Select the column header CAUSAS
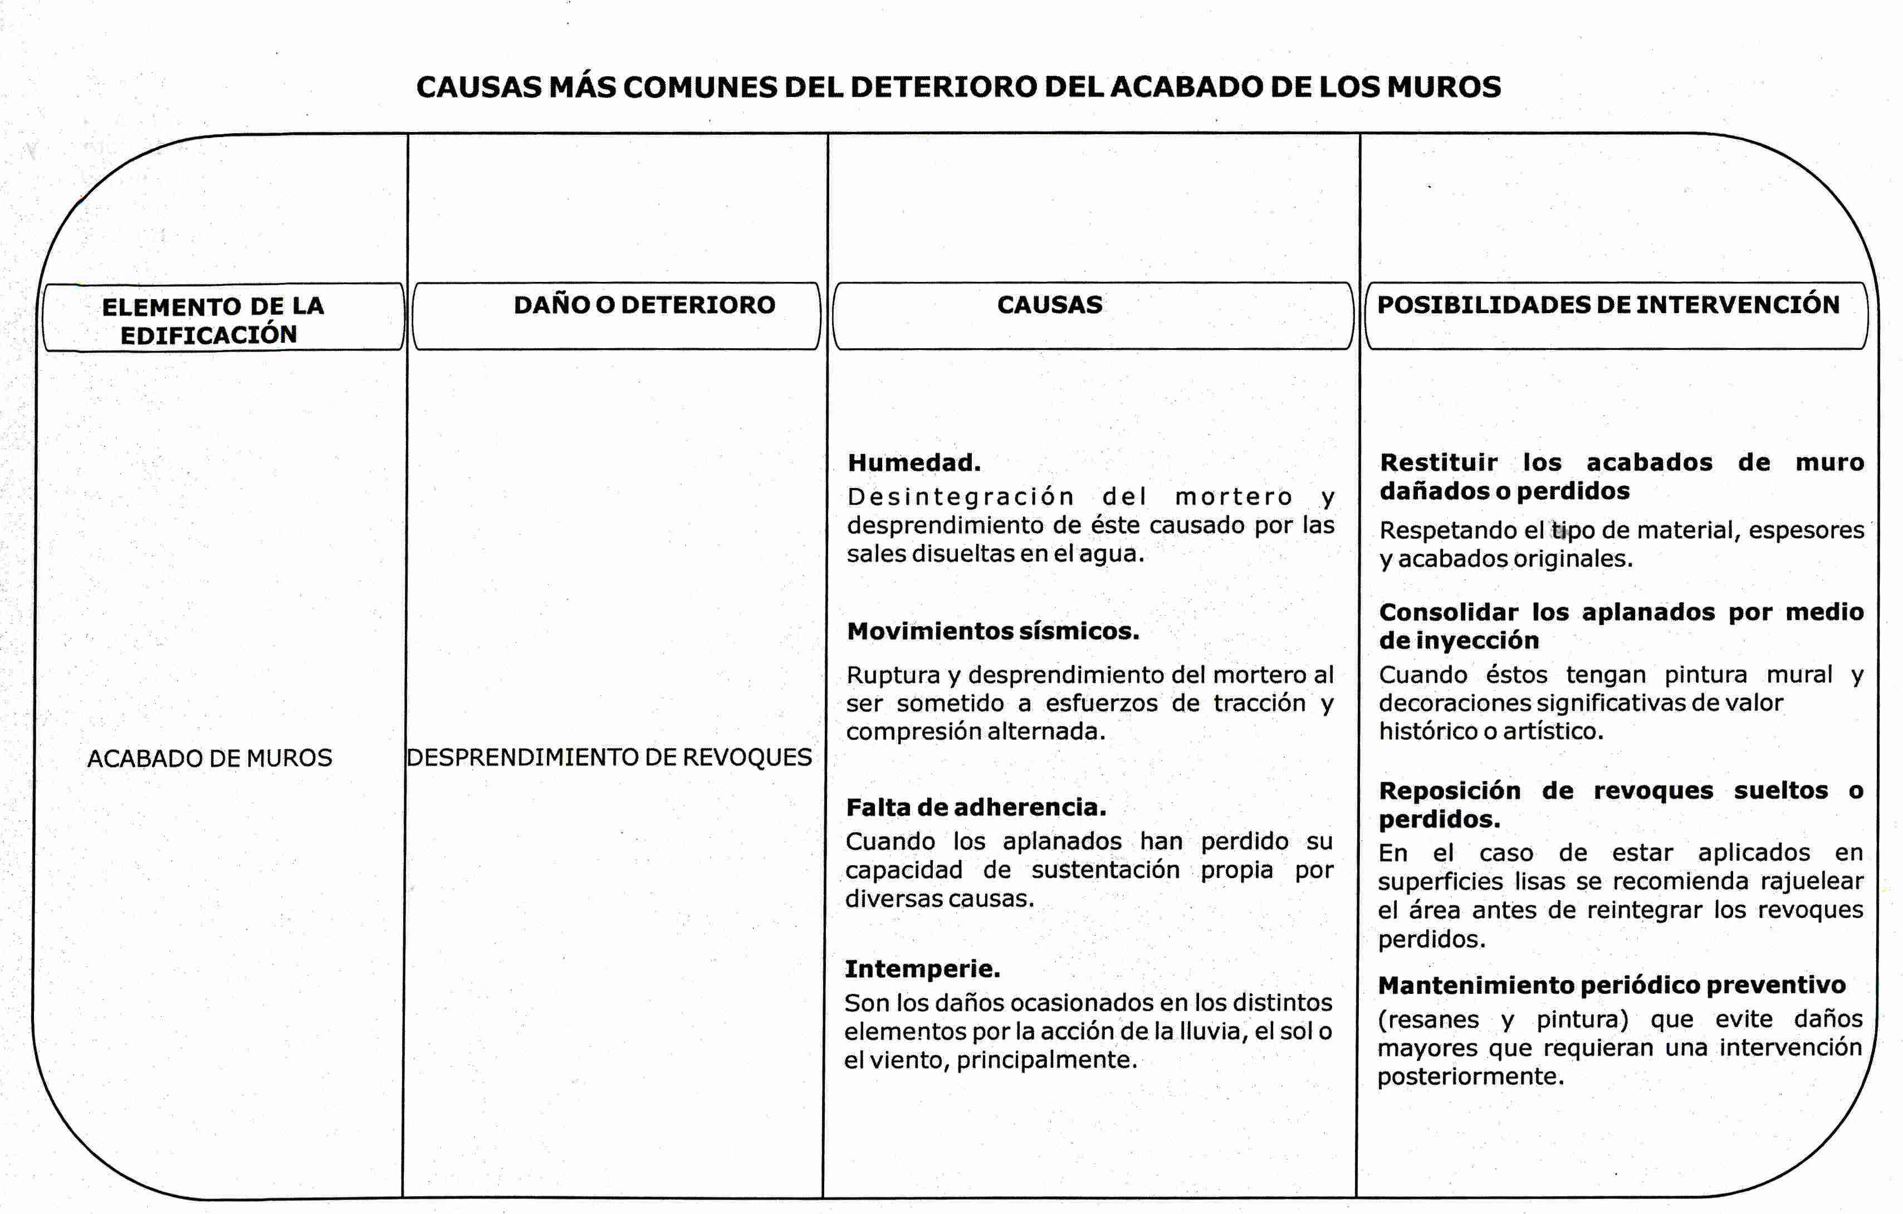click(x=1049, y=305)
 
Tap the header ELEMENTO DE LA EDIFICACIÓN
click(x=212, y=320)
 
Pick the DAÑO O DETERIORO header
click(x=644, y=305)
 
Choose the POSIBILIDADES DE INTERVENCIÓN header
click(x=1608, y=305)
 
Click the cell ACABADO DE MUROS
click(x=209, y=759)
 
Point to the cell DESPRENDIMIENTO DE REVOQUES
click(x=609, y=757)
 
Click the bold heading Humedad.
click(x=913, y=463)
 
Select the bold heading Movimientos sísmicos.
click(x=992, y=631)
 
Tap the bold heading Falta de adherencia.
click(x=975, y=808)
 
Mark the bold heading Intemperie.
click(x=922, y=969)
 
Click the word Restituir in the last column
click(x=1439, y=463)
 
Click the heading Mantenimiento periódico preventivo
click(x=1611, y=986)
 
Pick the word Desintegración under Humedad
click(x=960, y=497)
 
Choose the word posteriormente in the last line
click(x=1470, y=1076)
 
